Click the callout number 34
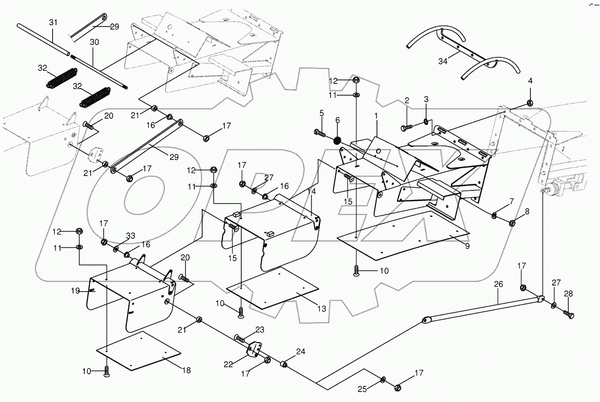tap(443, 61)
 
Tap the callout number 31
tap(53, 22)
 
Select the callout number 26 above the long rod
tap(498, 284)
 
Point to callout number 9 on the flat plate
tap(467, 246)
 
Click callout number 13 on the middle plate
tap(321, 309)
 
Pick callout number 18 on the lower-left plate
tap(186, 371)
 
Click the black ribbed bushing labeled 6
tap(337, 141)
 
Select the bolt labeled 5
tap(319, 133)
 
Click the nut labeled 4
tap(530, 103)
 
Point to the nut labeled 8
tap(512, 223)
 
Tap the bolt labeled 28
tap(567, 312)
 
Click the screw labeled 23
tap(240, 337)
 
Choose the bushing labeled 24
tap(285, 363)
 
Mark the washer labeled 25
tap(383, 380)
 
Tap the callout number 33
tap(130, 236)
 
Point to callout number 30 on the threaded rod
tap(94, 42)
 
